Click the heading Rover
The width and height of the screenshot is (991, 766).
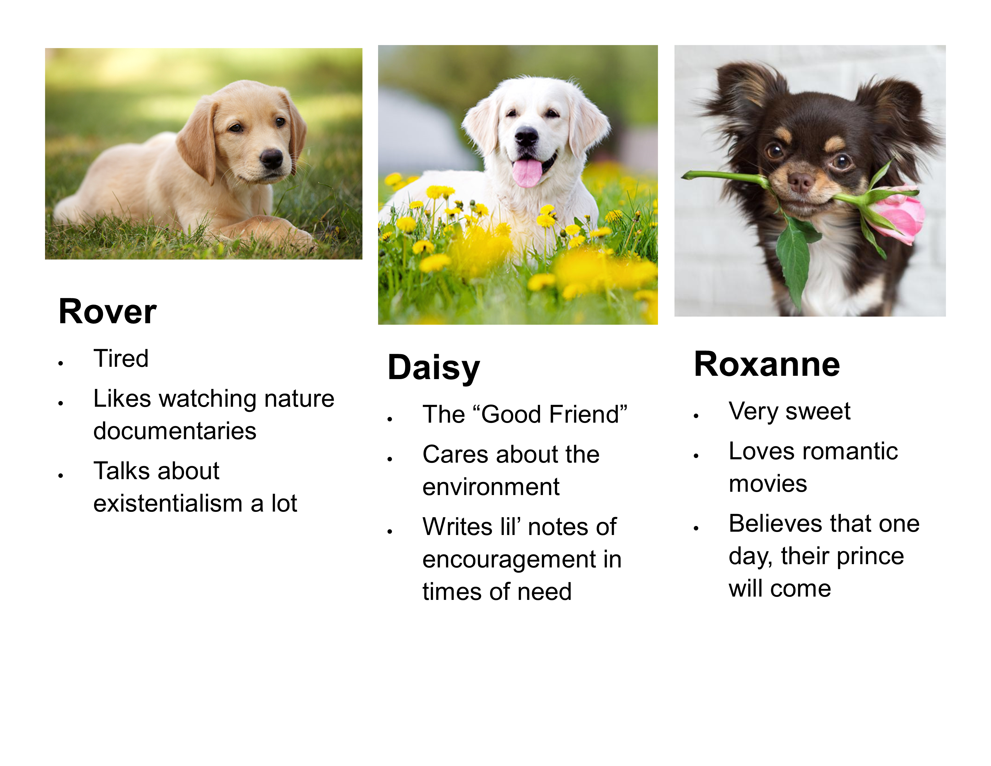pyautogui.click(x=108, y=312)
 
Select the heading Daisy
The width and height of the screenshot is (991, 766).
pyautogui.click(x=434, y=368)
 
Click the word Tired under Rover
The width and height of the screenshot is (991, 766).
pyautogui.click(x=121, y=358)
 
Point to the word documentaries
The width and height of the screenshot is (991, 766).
pyautogui.click(x=175, y=431)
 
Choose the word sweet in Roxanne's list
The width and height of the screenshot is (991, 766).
pyautogui.click(x=818, y=412)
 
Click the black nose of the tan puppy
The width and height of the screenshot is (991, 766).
pyautogui.click(x=271, y=158)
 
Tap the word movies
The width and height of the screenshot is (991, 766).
pyautogui.click(x=768, y=484)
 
